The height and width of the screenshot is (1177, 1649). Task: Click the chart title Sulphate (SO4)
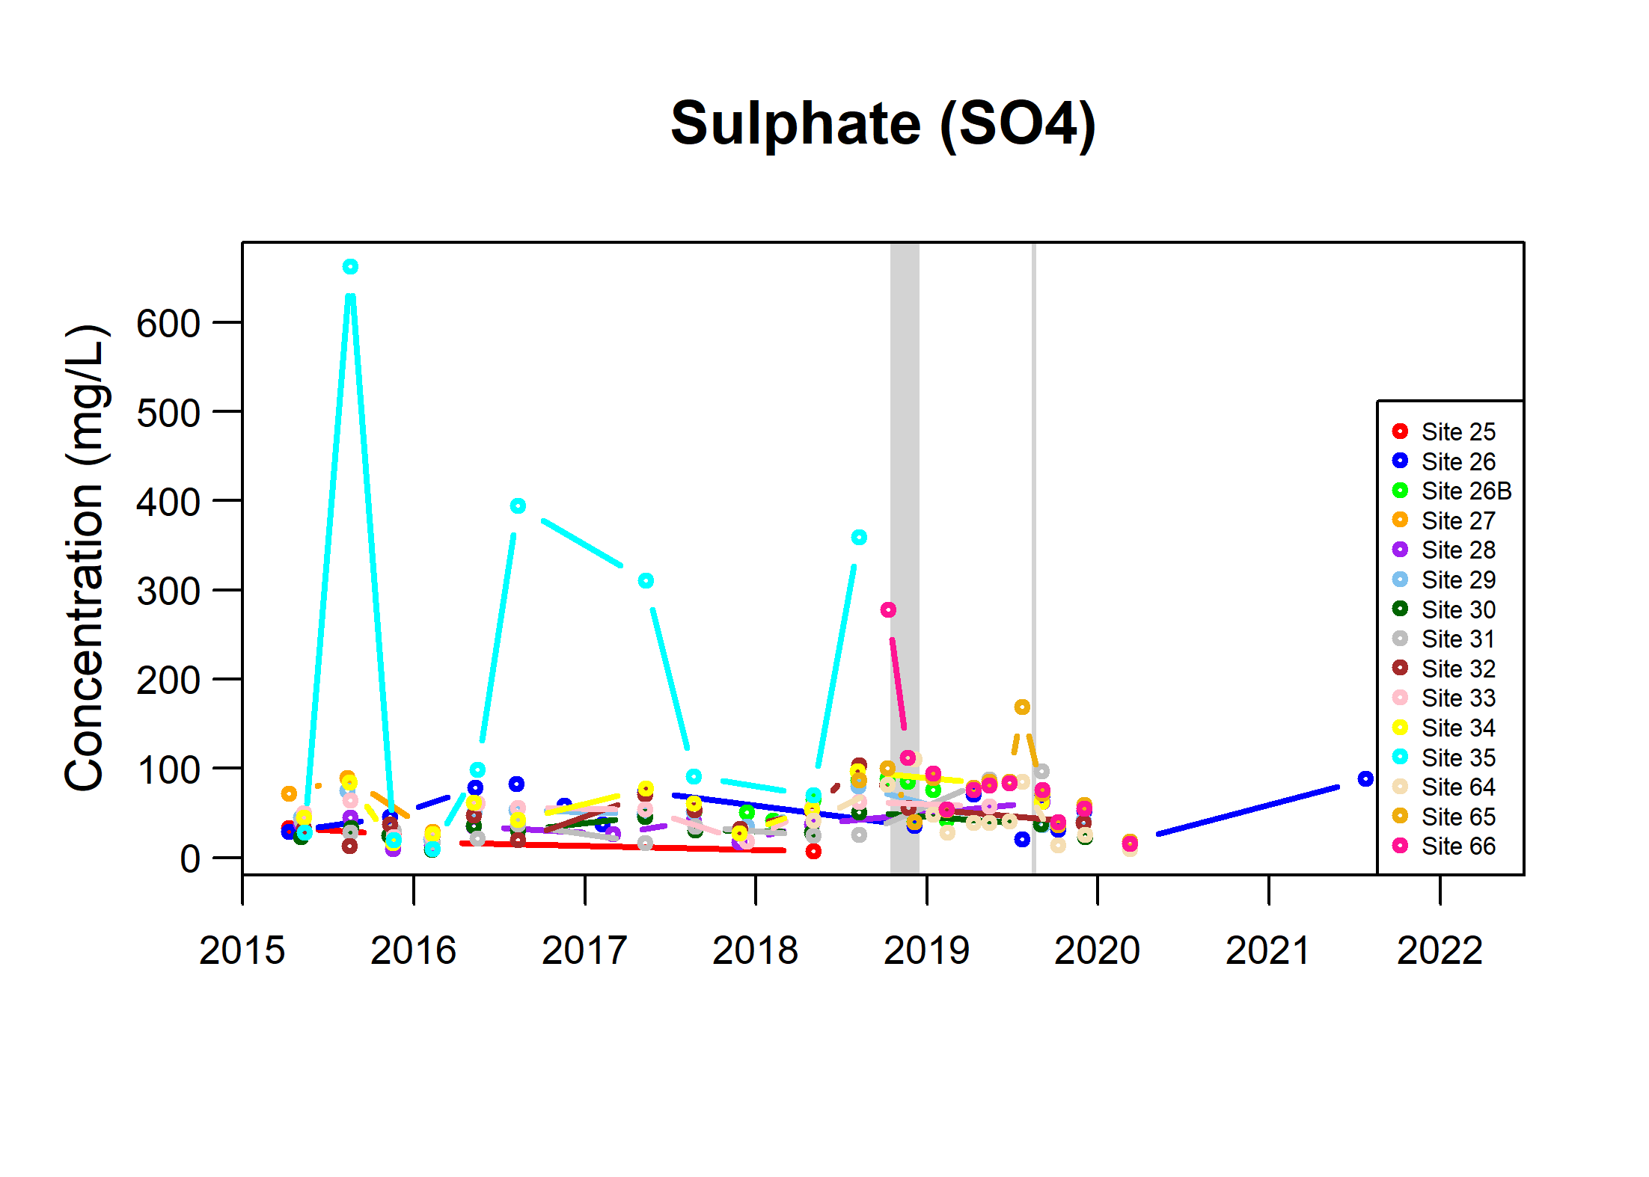click(x=883, y=124)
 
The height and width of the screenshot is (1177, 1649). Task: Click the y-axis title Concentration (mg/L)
click(x=85, y=558)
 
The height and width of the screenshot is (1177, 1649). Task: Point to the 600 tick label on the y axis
click(x=168, y=324)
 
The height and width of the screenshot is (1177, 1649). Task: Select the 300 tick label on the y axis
click(x=168, y=591)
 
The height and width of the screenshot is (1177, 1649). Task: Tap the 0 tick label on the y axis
click(x=190, y=858)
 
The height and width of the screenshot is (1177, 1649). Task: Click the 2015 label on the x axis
click(x=242, y=950)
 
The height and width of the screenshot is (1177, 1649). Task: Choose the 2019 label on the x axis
click(x=926, y=950)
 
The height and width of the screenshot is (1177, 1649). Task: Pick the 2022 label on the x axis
click(x=1440, y=950)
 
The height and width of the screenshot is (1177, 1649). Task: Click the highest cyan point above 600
click(x=350, y=267)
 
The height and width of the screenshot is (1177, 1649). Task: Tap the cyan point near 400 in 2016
click(x=518, y=506)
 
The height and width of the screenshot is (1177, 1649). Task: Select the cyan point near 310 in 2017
click(x=646, y=581)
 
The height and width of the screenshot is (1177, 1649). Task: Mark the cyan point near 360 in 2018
click(x=859, y=538)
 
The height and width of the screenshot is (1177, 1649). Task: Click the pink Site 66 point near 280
click(x=888, y=610)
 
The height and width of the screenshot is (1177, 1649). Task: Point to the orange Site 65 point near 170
click(x=1022, y=707)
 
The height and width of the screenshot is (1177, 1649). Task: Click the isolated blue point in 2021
click(x=1365, y=779)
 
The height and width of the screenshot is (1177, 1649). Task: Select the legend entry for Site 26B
click(x=1451, y=491)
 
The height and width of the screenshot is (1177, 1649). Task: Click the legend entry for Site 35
click(x=1451, y=757)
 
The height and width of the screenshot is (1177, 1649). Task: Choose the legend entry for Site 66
click(x=1451, y=846)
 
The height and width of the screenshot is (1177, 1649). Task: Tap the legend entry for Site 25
click(x=1451, y=431)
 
